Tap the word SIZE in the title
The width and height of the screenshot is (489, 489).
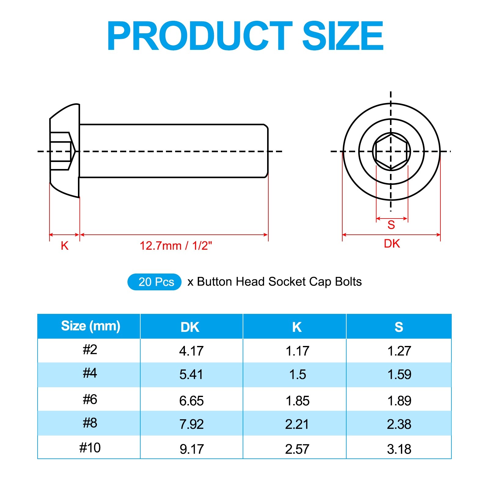tap(343, 35)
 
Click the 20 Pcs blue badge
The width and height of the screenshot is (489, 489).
tap(155, 282)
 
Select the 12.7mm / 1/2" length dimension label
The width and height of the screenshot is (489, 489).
tap(176, 246)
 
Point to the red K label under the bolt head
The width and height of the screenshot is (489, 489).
tap(64, 246)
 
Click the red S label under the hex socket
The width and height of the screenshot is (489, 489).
tap(391, 225)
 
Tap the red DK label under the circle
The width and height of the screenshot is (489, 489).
tap(392, 244)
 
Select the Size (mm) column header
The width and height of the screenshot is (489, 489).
tap(91, 326)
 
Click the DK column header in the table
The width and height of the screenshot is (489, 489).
tap(190, 327)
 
